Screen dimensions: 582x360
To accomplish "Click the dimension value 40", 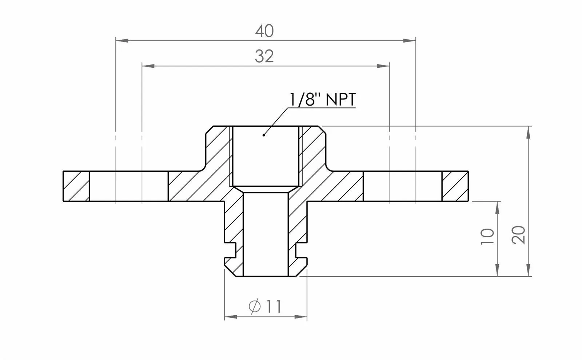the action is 264,31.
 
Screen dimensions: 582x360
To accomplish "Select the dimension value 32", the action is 264,56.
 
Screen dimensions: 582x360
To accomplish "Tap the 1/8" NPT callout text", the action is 322,99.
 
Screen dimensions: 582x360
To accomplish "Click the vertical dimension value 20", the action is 518,235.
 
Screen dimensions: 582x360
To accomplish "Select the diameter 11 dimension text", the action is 265,306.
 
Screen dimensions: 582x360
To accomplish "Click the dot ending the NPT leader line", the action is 264,135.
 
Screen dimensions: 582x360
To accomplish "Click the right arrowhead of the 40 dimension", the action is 409,40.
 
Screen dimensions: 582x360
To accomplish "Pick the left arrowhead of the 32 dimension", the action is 148,66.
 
